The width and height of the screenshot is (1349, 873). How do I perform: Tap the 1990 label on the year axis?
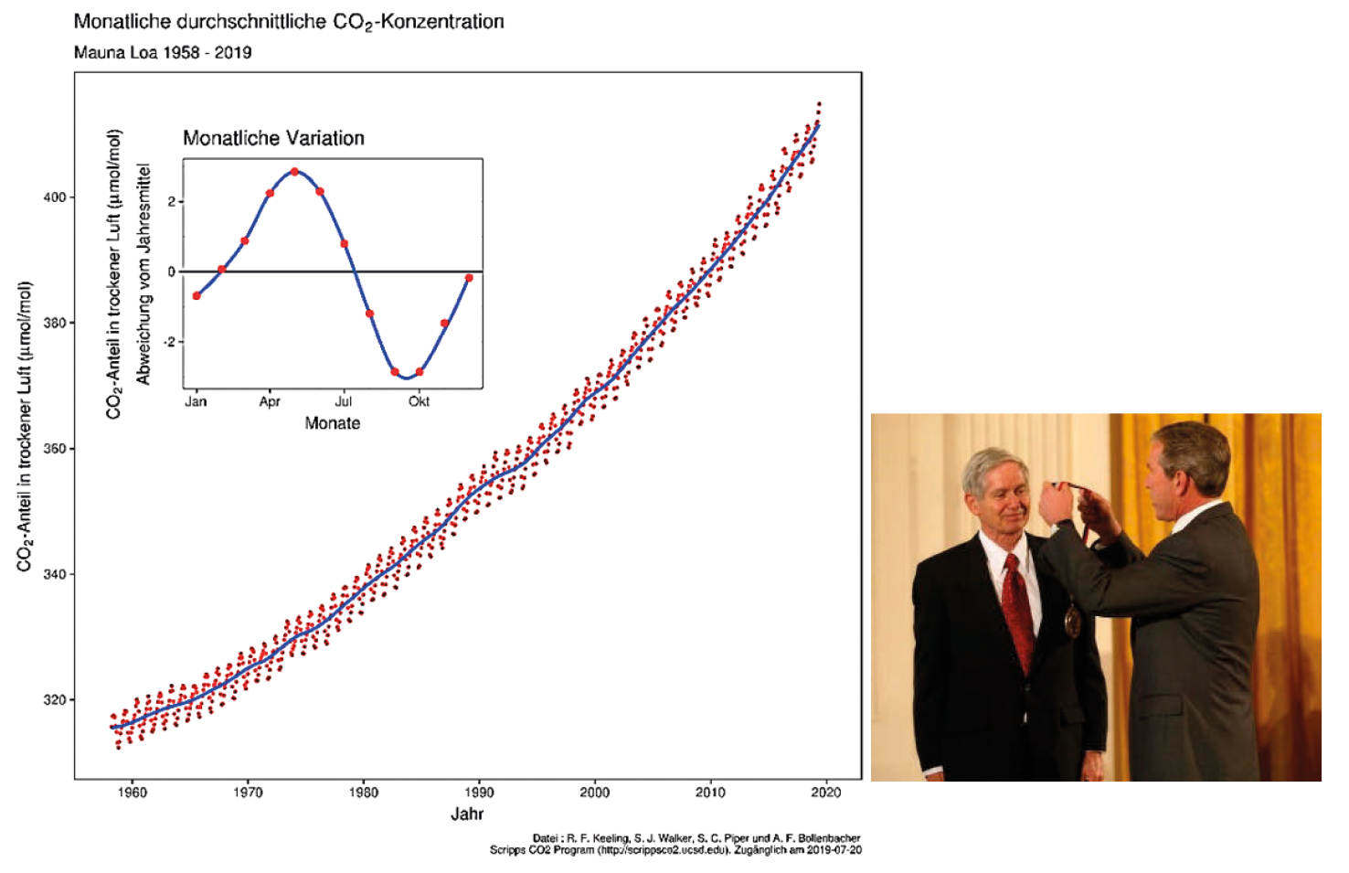coord(479,793)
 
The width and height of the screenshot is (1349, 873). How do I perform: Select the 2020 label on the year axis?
coord(826,793)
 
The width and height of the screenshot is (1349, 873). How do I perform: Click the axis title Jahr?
coord(467,814)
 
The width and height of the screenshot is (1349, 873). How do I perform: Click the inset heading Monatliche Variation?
coord(273,138)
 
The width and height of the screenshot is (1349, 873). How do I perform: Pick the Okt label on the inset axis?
coord(419,401)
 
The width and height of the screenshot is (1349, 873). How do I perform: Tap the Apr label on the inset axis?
coord(270,401)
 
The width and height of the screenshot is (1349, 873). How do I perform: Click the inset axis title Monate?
coord(333,423)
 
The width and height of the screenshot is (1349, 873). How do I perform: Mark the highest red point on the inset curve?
coord(294,172)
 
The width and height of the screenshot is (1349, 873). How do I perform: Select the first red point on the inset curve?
coord(197,295)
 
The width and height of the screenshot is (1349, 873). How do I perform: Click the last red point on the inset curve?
coord(469,278)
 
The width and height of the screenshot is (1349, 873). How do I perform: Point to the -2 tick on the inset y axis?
coord(170,342)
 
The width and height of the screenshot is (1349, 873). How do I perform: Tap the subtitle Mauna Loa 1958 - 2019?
coord(163,52)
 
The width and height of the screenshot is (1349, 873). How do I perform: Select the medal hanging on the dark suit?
coord(1073,622)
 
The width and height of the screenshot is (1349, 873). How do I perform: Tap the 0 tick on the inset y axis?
coord(172,271)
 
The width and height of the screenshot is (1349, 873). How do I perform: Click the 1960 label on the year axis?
coord(133,793)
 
